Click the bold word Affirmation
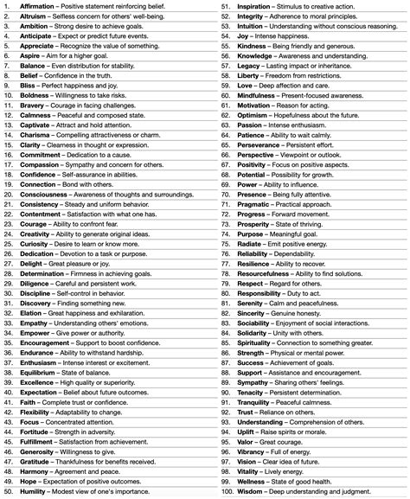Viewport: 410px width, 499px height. coord(37,6)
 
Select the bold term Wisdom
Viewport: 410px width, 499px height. coord(251,492)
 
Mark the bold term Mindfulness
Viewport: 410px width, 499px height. coord(259,96)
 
